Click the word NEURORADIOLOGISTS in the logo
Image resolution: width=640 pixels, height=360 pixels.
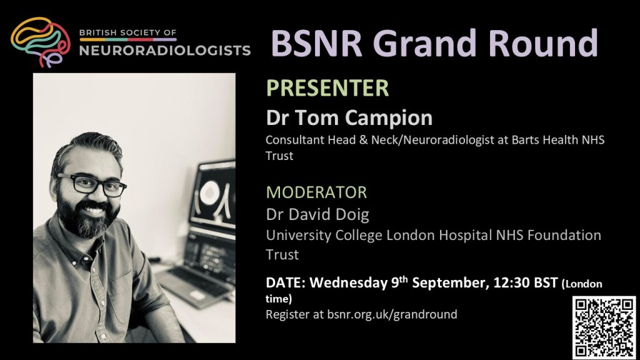point(165,50)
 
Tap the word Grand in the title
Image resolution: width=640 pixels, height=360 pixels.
point(424,43)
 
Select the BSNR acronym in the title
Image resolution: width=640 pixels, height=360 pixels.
point(316,43)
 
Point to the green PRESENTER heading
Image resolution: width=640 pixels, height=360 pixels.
point(327,87)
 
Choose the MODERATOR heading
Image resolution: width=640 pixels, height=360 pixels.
point(316,192)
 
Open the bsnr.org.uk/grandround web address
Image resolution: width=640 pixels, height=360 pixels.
point(392,314)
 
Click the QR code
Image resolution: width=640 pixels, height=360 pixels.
point(604,327)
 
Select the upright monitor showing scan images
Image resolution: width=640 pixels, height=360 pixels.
point(212,196)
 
